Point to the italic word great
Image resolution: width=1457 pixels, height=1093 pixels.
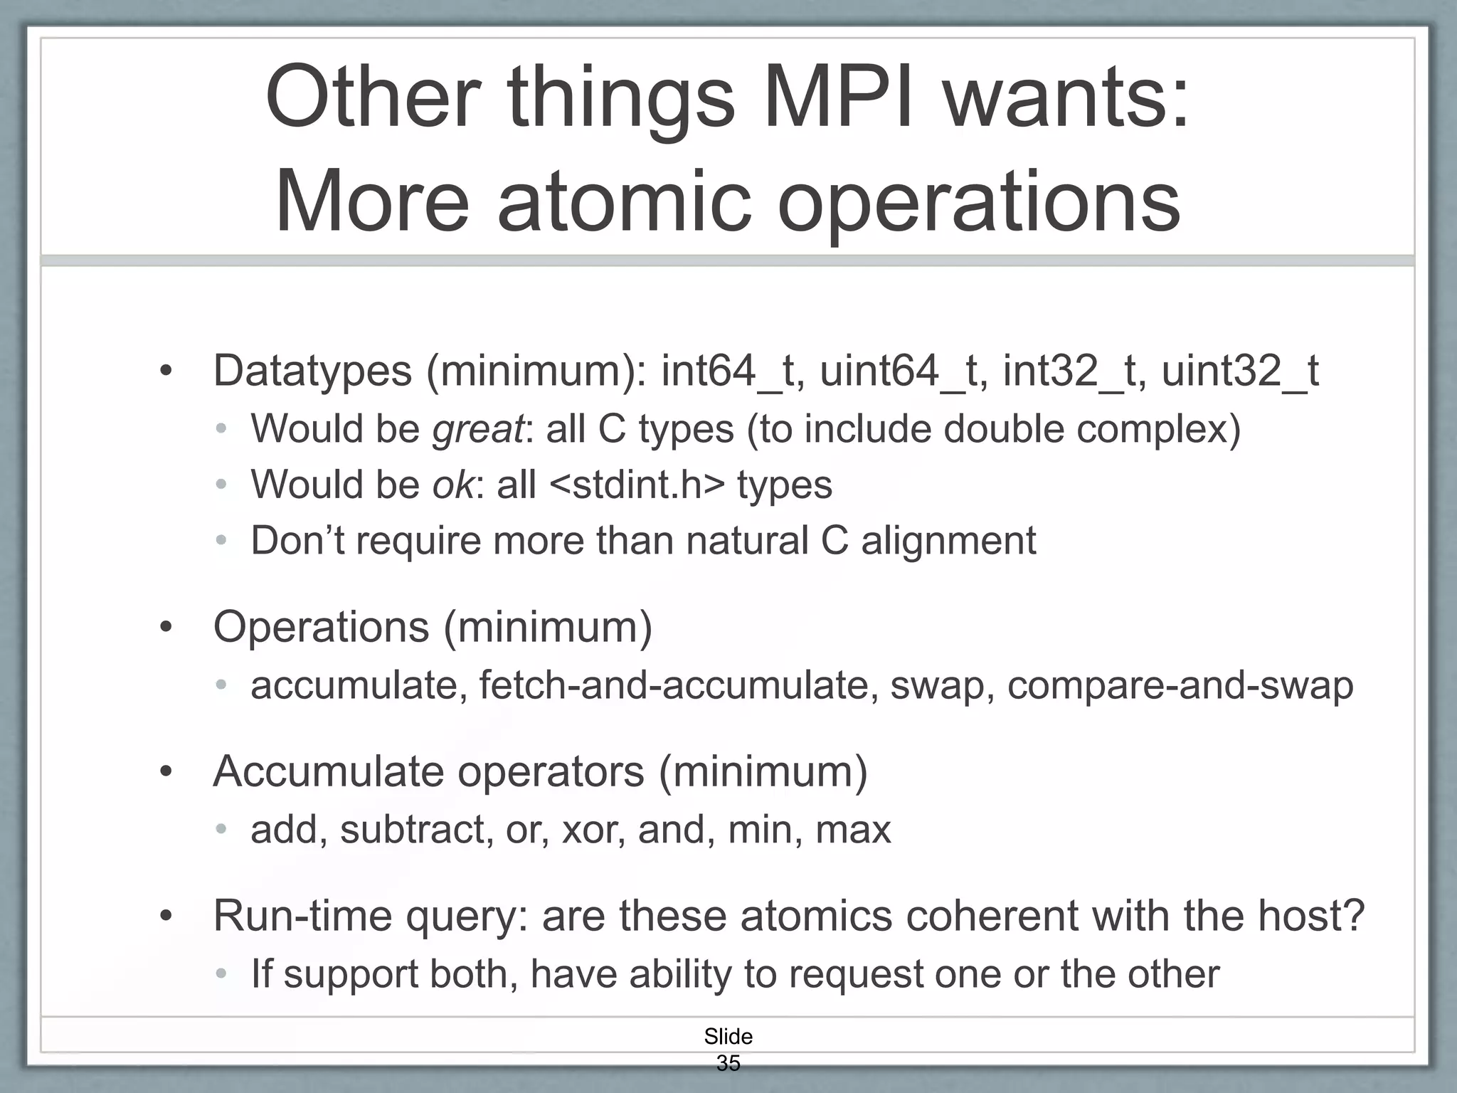click(x=477, y=429)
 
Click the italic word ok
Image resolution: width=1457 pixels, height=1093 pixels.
click(x=452, y=485)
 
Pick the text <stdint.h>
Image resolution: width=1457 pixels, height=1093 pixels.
click(x=637, y=485)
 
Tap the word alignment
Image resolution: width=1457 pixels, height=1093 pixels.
click(x=948, y=540)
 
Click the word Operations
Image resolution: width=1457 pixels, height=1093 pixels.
click(x=322, y=628)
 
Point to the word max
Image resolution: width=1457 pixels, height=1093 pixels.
click(x=853, y=830)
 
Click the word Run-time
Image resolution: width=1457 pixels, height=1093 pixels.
click(x=302, y=916)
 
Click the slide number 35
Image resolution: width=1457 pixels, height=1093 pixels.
click(x=728, y=1063)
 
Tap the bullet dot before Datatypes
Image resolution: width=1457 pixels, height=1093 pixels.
click(x=166, y=372)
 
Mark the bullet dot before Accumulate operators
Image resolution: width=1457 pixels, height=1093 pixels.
click(x=166, y=773)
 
